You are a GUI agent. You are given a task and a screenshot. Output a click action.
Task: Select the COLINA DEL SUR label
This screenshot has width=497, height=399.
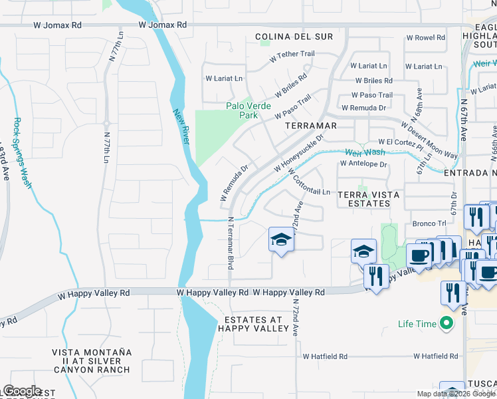click(293, 37)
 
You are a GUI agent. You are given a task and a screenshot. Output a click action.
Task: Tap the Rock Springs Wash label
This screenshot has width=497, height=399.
click(22, 152)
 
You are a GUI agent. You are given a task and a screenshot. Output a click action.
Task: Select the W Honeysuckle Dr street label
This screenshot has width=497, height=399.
click(298, 155)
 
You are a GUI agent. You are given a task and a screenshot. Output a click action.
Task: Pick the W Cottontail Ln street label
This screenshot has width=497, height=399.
click(308, 183)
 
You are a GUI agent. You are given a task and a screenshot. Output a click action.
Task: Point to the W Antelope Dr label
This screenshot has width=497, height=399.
click(363, 164)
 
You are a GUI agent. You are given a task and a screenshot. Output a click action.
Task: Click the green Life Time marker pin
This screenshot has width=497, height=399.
click(447, 324)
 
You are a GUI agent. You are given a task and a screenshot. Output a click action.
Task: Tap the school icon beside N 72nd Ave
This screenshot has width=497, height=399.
click(281, 239)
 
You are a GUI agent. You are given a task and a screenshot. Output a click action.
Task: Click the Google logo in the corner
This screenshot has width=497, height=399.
click(22, 391)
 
